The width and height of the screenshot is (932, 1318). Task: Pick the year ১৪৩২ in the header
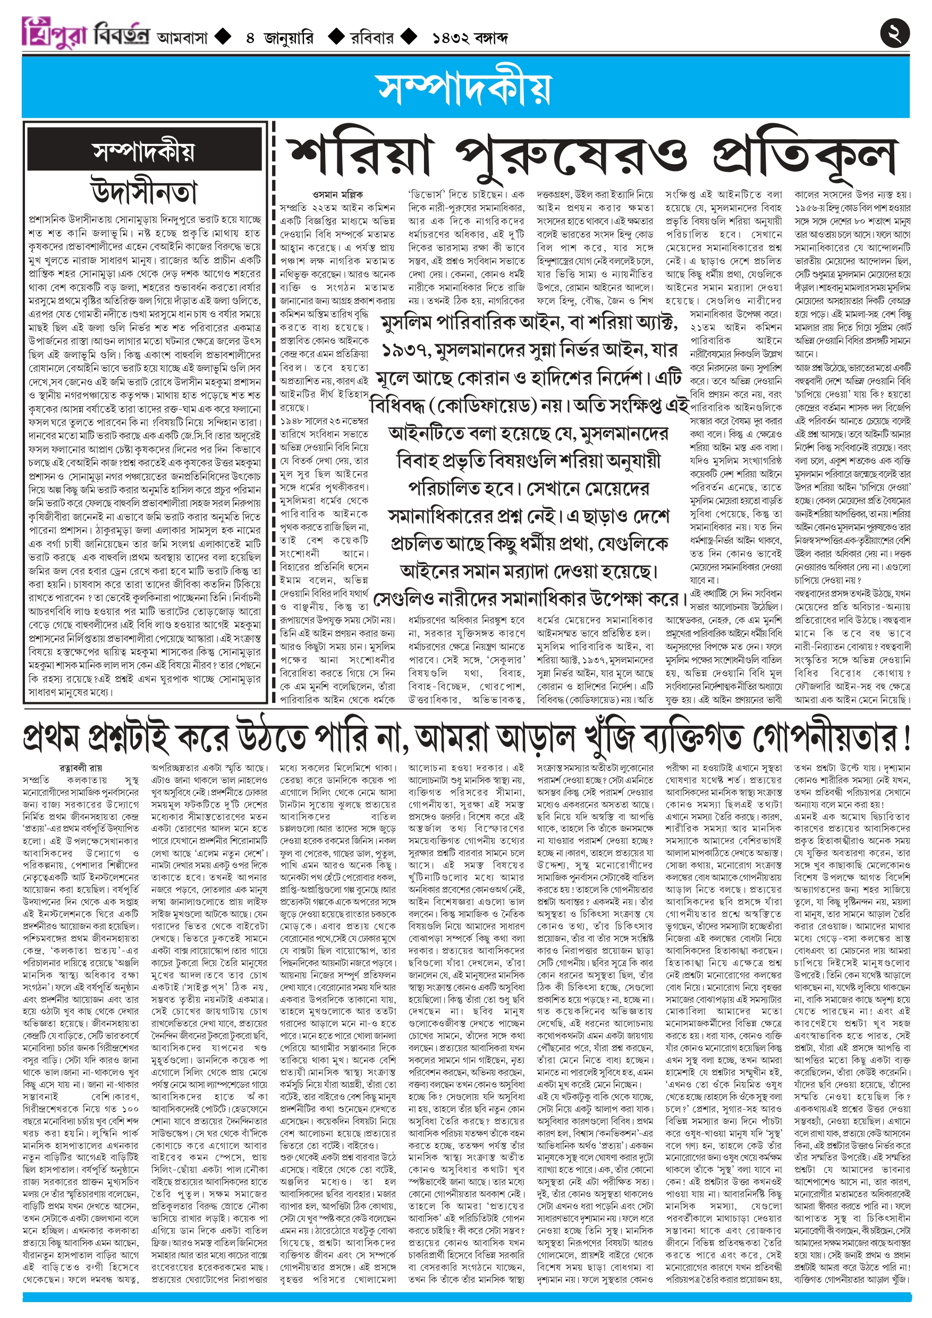pyautogui.click(x=451, y=38)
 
